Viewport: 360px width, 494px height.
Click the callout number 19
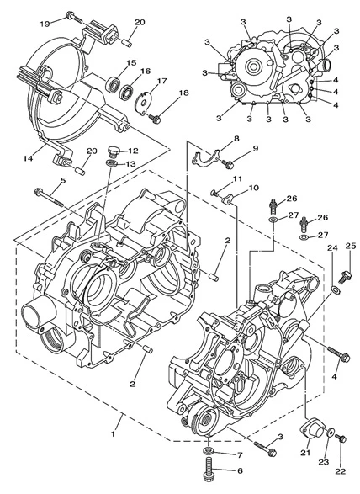coord(45,24)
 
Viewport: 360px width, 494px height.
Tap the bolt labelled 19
coord(74,17)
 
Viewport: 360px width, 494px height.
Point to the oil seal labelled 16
coord(127,92)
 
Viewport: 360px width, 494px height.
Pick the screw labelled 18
coord(155,119)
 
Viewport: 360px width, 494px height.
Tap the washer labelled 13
coord(111,163)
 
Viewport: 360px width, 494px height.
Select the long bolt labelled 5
coord(50,198)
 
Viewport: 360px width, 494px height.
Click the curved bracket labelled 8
coord(206,157)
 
